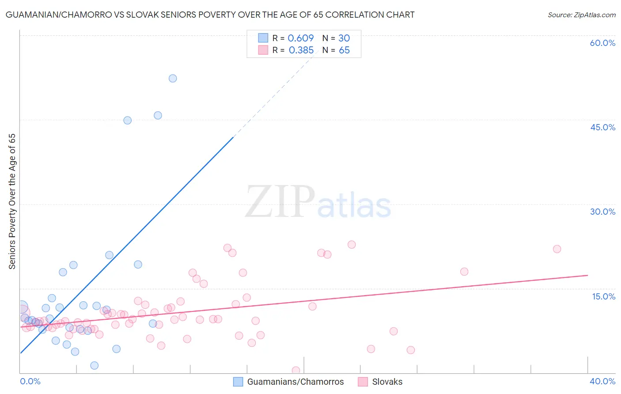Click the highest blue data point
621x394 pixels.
tap(173, 78)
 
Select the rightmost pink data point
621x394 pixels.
tap(557, 249)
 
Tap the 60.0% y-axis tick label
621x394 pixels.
tap(602, 43)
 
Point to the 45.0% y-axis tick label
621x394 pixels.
tap(602, 127)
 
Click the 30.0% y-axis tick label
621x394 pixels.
tap(602, 212)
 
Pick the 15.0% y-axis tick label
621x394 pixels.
tap(603, 296)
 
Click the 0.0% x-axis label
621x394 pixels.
tap(30, 381)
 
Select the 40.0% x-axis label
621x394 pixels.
tap(602, 381)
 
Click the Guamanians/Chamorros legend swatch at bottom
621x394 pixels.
tap(238, 382)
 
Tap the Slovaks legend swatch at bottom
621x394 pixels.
tap(363, 382)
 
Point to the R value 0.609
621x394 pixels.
tap(301, 38)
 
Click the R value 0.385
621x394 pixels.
tap(301, 50)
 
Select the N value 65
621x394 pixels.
tap(344, 50)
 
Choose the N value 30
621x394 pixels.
tap(344, 38)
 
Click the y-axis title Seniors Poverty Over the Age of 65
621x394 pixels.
tap(12, 201)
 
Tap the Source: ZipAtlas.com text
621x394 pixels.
tap(581, 15)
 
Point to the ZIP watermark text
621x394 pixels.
tap(280, 201)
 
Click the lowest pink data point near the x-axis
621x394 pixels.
tap(296, 371)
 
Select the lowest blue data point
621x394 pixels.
tap(94, 365)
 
